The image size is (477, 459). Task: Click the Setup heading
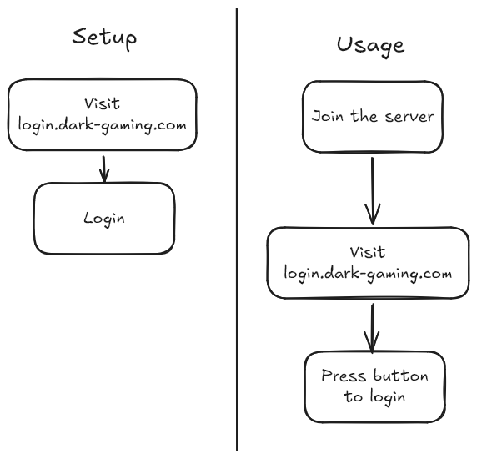[x=104, y=38]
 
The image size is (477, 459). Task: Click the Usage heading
[x=370, y=46]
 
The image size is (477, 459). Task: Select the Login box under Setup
[x=104, y=219]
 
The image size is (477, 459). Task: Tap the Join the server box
[x=373, y=117]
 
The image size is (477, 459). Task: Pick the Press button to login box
[x=375, y=387]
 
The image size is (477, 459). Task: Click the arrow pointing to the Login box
[x=104, y=169]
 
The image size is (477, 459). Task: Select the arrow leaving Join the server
[x=373, y=191]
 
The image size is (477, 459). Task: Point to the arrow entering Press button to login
[x=372, y=328]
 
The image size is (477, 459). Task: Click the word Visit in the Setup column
[x=103, y=103]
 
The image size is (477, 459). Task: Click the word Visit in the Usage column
[x=368, y=252]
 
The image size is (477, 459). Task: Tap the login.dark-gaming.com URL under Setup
[x=103, y=125]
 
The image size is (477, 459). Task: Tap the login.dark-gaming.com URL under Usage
[x=368, y=274]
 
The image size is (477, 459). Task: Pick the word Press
[x=344, y=376]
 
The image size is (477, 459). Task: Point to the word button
[x=401, y=376]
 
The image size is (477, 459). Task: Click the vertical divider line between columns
[x=237, y=229]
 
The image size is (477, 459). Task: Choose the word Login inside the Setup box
[x=104, y=219]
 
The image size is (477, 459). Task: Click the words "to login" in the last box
[x=374, y=396]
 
